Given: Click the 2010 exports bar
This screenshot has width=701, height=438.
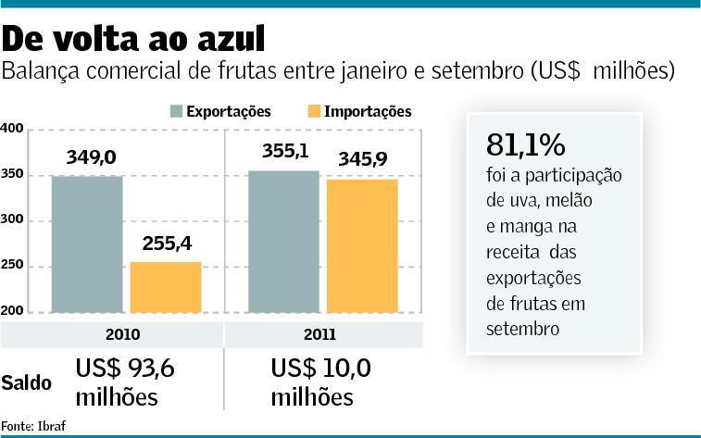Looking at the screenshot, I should (87, 243).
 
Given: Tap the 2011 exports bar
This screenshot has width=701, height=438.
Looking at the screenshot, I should (283, 241).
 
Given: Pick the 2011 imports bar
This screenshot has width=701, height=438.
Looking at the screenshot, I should (361, 245).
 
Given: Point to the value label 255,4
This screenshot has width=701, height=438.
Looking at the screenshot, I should (166, 244).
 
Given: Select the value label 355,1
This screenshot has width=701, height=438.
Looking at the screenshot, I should (283, 152).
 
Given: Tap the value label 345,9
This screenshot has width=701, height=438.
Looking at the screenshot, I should (362, 160).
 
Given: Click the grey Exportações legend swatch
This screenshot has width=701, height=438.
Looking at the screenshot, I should (176, 112).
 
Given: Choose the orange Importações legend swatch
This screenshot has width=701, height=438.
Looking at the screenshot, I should (315, 112).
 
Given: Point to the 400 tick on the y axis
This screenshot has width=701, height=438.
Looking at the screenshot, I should (12, 129).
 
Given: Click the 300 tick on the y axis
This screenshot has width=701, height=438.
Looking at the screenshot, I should (12, 221).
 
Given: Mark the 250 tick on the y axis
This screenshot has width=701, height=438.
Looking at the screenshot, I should (12, 267).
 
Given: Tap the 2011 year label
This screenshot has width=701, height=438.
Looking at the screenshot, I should (321, 333).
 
